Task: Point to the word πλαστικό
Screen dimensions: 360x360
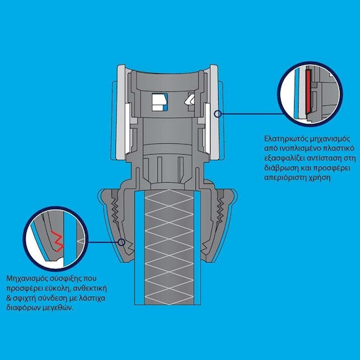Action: coord(339,149)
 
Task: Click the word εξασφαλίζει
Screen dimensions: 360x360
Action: coord(283,159)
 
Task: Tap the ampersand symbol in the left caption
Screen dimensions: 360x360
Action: coord(9,298)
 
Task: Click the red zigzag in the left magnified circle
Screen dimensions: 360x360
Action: coord(57,241)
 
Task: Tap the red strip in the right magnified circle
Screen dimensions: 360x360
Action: coord(308,92)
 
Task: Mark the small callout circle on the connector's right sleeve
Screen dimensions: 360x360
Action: coord(217,113)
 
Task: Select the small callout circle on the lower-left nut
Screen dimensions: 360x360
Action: coord(121,242)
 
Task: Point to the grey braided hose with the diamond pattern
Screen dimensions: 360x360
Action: coord(169,247)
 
